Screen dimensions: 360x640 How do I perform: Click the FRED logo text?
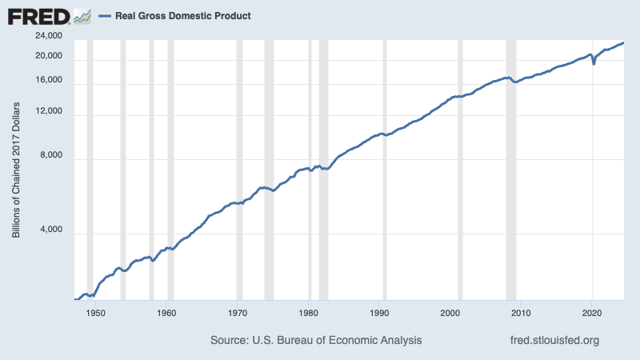37,16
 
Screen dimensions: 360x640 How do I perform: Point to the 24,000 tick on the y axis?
49,37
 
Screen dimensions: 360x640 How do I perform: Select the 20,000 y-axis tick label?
49,57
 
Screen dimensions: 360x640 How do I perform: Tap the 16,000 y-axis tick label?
49,81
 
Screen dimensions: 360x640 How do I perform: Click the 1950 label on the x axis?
96,312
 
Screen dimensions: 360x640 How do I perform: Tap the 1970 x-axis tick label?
238,312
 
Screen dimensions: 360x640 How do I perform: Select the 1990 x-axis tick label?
380,312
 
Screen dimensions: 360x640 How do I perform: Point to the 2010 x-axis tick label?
522,312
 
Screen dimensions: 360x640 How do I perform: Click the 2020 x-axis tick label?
592,312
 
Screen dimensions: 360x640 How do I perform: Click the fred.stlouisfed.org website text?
554,341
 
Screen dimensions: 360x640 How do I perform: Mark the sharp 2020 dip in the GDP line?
594,62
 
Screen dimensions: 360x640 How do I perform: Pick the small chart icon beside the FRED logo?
82,16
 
